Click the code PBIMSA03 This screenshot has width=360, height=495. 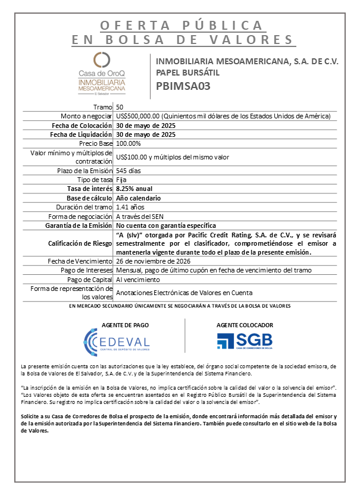tap(183, 86)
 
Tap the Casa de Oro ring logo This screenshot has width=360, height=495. tap(102, 59)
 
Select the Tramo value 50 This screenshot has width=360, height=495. tap(120, 106)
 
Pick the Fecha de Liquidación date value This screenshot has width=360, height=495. tap(146, 134)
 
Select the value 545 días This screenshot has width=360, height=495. tap(129, 171)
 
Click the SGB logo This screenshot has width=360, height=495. tap(244, 340)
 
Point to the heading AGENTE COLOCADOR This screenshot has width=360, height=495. tap(245, 325)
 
